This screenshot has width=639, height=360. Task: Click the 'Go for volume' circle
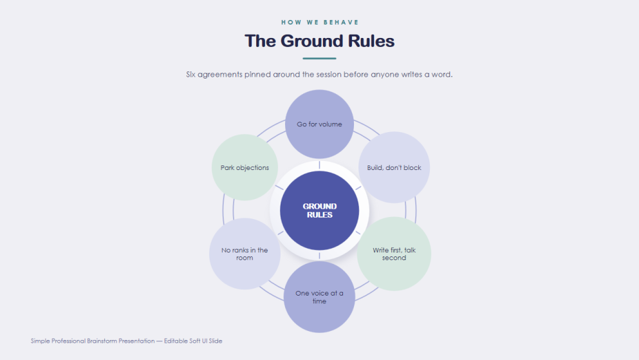coord(319,124)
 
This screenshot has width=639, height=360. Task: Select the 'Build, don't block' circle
coord(394,167)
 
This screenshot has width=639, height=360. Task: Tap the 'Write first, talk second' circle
coord(394,254)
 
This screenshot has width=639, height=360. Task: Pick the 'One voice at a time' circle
coord(319,297)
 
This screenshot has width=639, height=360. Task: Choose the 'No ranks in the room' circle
coord(245,254)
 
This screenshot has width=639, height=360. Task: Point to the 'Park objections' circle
coord(245,167)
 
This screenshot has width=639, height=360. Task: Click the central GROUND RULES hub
coord(319,211)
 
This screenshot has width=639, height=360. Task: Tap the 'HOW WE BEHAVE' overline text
coord(320,23)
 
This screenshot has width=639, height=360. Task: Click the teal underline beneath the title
coord(319,59)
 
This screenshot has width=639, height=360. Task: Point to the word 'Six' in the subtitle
coord(190,74)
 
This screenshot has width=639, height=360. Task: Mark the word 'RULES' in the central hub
coord(319,215)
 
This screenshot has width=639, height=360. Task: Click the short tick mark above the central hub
coord(319,165)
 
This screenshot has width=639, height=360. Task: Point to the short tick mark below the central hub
coord(319,256)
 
